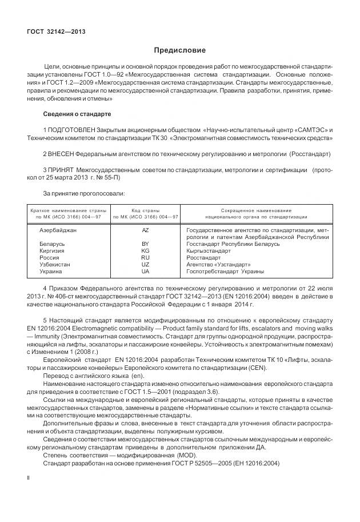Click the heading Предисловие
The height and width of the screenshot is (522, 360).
pyautogui.click(x=179, y=50)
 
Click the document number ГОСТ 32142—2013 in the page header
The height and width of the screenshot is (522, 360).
pyautogui.click(x=56, y=31)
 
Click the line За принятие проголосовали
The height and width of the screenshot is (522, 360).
pyautogui.click(x=84, y=194)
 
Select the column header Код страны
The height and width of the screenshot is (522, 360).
pyautogui.click(x=146, y=210)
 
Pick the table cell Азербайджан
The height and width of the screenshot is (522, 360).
pyautogui.click(x=58, y=230)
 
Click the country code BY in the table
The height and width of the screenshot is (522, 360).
pyautogui.click(x=145, y=244)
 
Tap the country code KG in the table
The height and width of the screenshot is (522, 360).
pyautogui.click(x=145, y=251)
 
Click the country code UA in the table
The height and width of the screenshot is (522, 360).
pyautogui.click(x=145, y=272)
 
